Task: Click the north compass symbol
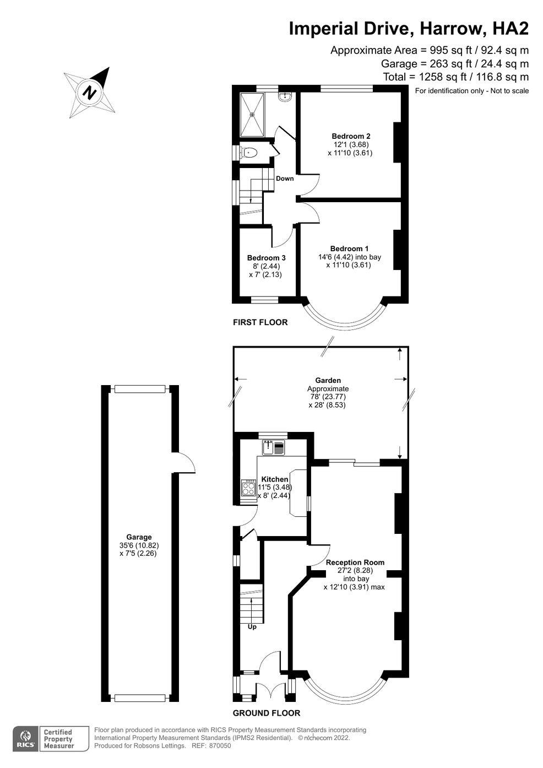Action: click(x=90, y=92)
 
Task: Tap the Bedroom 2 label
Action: click(x=351, y=136)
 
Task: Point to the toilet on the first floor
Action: click(x=248, y=152)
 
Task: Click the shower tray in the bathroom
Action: click(x=253, y=115)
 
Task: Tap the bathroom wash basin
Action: click(x=285, y=97)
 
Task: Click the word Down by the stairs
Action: click(x=285, y=179)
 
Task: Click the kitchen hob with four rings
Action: click(x=248, y=488)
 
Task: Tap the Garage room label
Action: click(x=139, y=537)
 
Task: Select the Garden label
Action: click(x=328, y=380)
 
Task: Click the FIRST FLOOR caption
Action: click(x=260, y=322)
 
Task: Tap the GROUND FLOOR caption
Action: click(x=267, y=713)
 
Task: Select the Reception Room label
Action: click(x=355, y=563)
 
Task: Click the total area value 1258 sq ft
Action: click(x=433, y=77)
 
